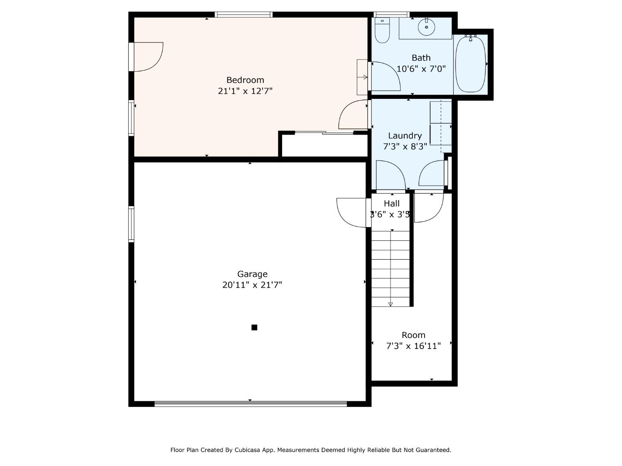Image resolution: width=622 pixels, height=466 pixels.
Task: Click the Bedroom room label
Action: tap(245, 80)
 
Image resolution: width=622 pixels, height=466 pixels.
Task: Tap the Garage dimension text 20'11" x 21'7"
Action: tap(252, 285)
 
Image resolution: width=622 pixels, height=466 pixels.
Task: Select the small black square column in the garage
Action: tap(254, 327)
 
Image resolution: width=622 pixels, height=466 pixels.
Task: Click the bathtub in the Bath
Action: tap(470, 64)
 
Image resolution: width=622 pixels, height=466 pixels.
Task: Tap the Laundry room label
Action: tap(405, 135)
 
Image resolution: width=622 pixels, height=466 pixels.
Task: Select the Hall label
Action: tap(392, 203)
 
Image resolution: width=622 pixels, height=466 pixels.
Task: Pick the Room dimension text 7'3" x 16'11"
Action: tap(413, 346)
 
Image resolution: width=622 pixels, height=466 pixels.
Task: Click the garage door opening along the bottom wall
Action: tap(251, 404)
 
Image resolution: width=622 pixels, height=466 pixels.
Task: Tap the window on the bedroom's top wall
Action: tap(244, 15)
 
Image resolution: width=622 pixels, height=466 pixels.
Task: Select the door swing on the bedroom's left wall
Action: tap(147, 57)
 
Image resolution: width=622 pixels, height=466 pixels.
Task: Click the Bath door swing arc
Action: tap(385, 76)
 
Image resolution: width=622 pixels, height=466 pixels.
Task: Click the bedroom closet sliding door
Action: tap(324, 133)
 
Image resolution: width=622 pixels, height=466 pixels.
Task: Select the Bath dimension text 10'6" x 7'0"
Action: tap(421, 69)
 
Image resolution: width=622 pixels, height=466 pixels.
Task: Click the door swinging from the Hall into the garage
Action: tap(352, 212)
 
